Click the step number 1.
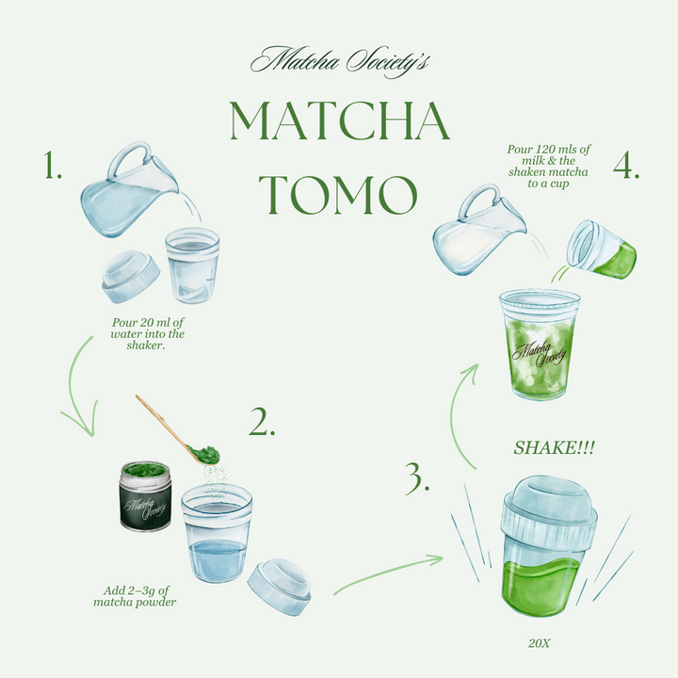tap(53, 165)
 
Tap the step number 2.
tap(262, 422)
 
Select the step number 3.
tap(417, 478)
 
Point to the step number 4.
tap(626, 165)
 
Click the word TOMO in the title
tap(338, 195)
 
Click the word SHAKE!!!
tap(554, 448)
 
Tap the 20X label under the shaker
tap(540, 643)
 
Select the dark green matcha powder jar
tap(145, 496)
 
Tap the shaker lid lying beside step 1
tap(131, 276)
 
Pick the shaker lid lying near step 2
tap(280, 587)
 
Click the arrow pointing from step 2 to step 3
tap(388, 573)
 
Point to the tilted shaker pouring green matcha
tap(602, 250)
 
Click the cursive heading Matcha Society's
tap(340, 61)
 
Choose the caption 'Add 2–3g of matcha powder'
tap(136, 596)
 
